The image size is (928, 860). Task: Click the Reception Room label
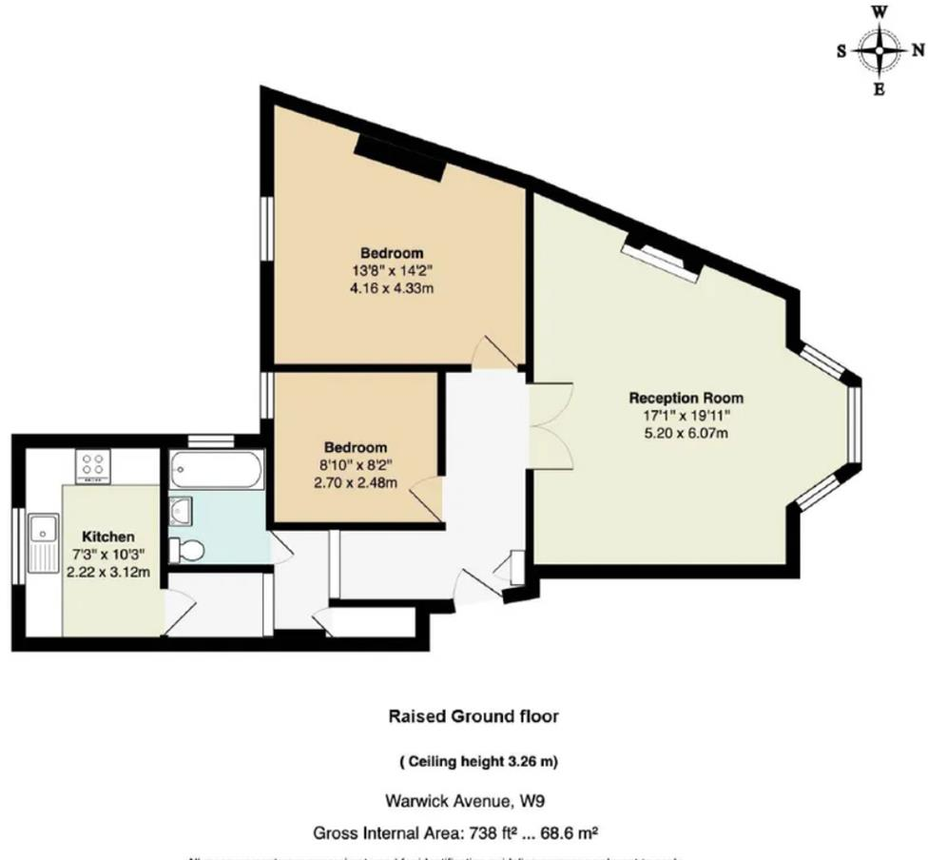pos(686,398)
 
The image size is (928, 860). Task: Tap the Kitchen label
pos(107,537)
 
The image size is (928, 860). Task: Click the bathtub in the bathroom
pos(217,469)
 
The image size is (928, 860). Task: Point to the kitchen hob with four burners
pos(94,465)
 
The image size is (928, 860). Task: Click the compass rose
pos(880,51)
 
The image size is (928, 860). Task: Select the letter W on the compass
pos(880,12)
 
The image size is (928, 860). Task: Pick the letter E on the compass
pos(880,90)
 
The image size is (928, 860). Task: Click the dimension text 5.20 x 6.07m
pos(686,433)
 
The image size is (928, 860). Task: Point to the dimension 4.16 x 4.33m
pos(391,287)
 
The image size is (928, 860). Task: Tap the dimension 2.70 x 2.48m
pos(355,482)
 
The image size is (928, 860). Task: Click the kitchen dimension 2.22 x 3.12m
pos(107,572)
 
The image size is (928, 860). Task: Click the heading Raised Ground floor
pos(473,716)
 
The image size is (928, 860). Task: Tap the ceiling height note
pos(473,760)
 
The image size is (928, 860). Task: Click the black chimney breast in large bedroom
pos(400,157)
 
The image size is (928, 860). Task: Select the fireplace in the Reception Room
pos(662,254)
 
